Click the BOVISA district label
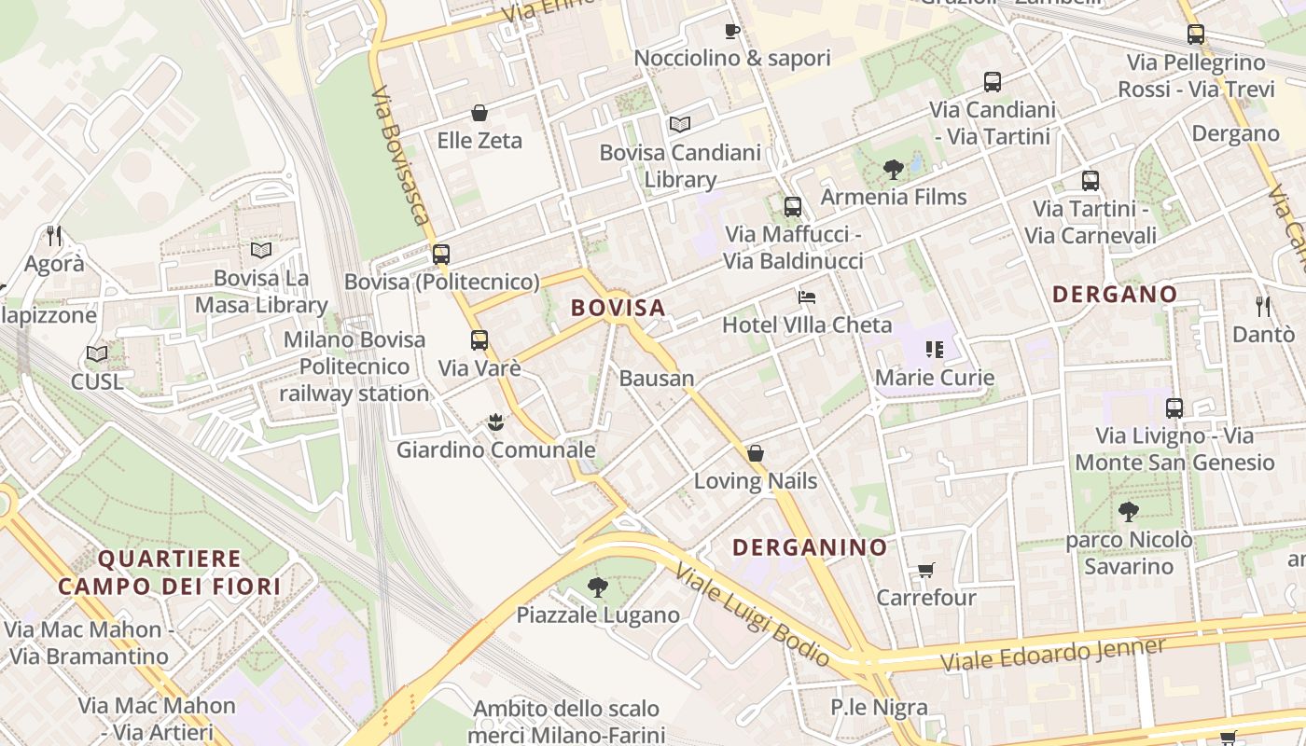[x=618, y=308]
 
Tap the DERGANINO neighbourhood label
[x=809, y=547]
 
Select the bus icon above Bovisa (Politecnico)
[x=441, y=254]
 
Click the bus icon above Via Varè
[x=479, y=340]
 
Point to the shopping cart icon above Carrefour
[x=926, y=570]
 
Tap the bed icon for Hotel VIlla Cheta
[x=807, y=297]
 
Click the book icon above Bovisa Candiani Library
[x=680, y=124]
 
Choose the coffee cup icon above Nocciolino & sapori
[x=732, y=31]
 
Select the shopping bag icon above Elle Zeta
[x=479, y=113]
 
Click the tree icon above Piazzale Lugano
[x=598, y=587]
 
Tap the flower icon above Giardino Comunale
[x=496, y=422]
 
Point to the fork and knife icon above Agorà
[x=54, y=236]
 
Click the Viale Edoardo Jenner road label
[x=1053, y=654]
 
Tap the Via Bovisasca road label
[x=401, y=157]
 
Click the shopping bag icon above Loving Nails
[x=756, y=453]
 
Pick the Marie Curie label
[x=934, y=378]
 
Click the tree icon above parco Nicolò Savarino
[x=1128, y=512]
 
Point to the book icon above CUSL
[x=97, y=354]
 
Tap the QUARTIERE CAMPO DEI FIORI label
[x=169, y=573]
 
